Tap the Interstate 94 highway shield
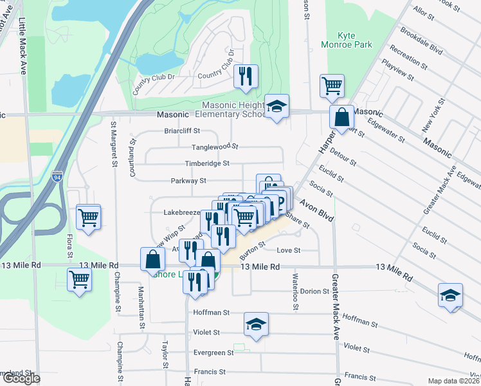tap(58, 176)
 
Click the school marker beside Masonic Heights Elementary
tap(277, 107)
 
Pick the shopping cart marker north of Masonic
tap(332, 86)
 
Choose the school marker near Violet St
tap(256, 325)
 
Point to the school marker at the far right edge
tap(450, 295)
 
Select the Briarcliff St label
tap(183, 131)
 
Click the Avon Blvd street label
tap(318, 213)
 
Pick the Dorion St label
tap(314, 291)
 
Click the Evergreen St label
tap(213, 353)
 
